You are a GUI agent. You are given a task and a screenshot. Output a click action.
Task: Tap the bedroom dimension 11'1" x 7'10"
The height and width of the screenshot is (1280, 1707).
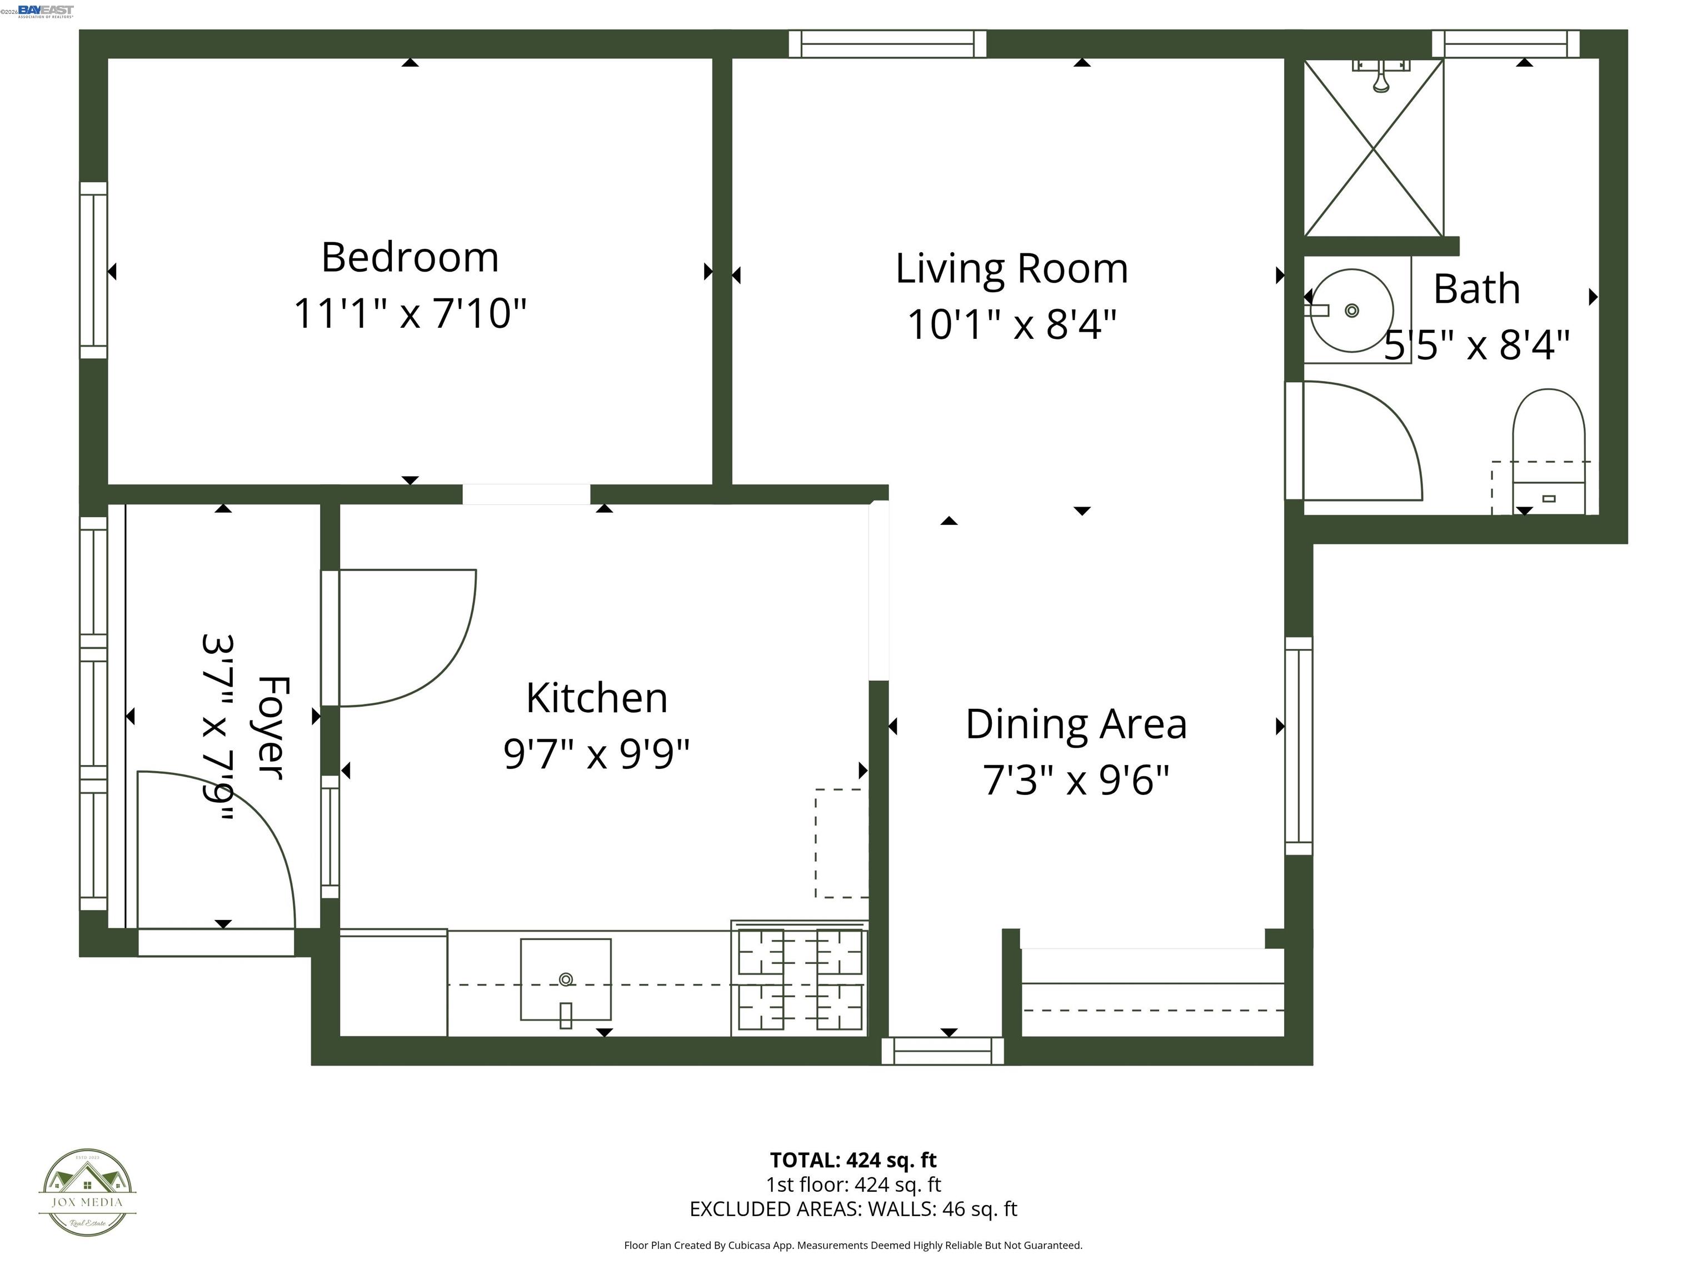point(410,313)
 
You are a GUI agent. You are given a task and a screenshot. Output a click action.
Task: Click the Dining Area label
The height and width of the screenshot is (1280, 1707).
point(1076,724)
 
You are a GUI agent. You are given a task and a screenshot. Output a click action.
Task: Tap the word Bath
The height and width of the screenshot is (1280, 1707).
point(1476,289)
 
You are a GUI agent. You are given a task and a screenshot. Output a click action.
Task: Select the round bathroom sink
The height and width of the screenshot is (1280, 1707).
point(1352,310)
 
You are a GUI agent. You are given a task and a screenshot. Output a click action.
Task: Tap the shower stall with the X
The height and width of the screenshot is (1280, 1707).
point(1374,148)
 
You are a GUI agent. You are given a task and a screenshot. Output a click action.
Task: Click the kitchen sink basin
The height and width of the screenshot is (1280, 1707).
point(566,979)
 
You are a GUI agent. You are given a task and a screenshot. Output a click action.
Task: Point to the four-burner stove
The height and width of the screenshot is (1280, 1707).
point(800,978)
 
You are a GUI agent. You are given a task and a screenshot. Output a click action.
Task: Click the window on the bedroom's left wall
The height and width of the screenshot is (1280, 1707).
point(93,270)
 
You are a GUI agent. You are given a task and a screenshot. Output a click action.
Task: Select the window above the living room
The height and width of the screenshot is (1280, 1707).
point(887,43)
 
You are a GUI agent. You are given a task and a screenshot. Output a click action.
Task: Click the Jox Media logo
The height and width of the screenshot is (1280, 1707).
point(87,1192)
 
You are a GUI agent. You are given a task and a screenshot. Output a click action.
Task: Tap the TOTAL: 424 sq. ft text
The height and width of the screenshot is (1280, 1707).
point(853,1159)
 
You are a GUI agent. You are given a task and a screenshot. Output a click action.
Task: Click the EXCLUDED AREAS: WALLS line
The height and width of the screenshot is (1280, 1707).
point(853,1208)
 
